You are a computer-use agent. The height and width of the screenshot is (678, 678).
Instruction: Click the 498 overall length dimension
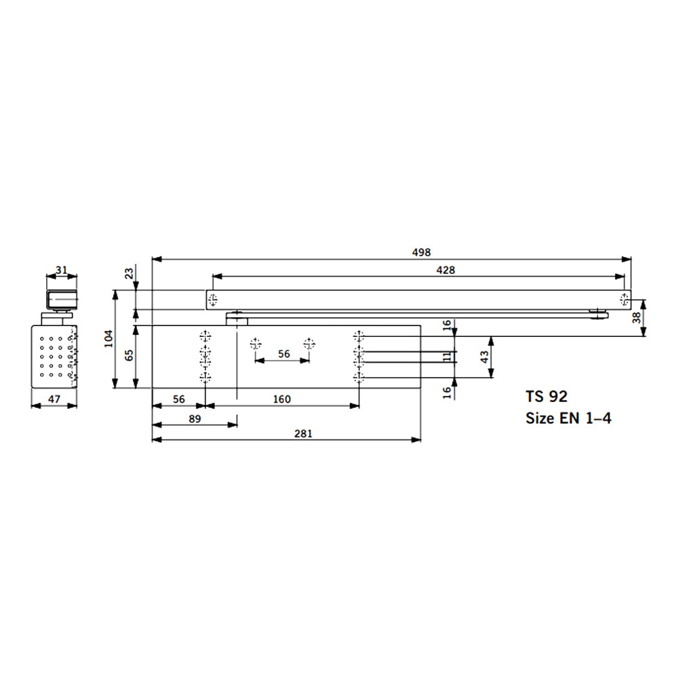click(x=421, y=252)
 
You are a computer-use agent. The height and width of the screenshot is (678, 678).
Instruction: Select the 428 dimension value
click(x=445, y=271)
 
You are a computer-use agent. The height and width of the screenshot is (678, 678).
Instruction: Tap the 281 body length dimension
click(x=303, y=433)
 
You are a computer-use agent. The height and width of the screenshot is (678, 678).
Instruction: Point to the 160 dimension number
click(x=282, y=399)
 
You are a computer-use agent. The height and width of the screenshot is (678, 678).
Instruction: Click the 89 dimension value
click(x=195, y=418)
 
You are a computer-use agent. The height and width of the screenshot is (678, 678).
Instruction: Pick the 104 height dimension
click(x=108, y=338)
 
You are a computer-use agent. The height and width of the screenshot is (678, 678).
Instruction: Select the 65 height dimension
click(x=129, y=355)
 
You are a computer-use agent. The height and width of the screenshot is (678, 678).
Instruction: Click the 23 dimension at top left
click(x=129, y=273)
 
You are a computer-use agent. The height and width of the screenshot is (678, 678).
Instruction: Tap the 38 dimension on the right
click(x=637, y=318)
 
